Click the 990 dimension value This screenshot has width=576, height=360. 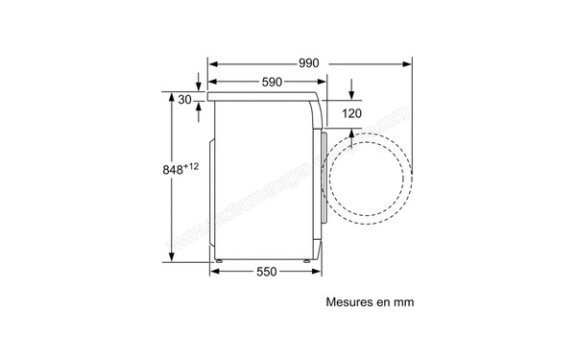coord(307,63)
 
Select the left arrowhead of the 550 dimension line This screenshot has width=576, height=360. coord(214,272)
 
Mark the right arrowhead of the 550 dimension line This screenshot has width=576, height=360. coord(319,272)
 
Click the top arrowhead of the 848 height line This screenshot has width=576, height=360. coord(173,97)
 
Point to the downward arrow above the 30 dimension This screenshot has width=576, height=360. coord(200,84)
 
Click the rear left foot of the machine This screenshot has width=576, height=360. coord(219,258)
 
